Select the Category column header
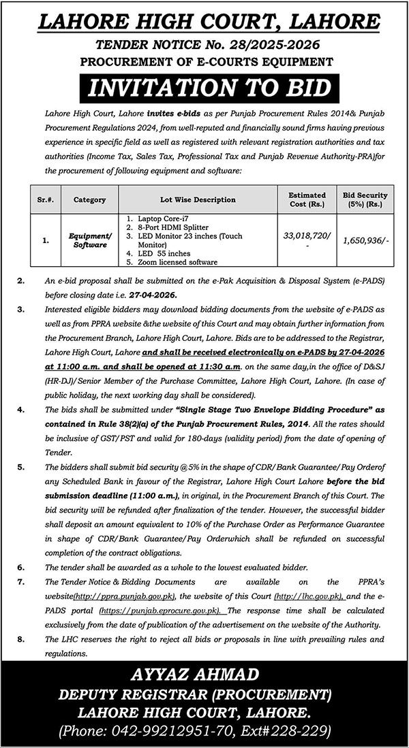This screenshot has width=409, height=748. click(x=88, y=200)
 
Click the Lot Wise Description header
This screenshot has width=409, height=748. click(x=198, y=200)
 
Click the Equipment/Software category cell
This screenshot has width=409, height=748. click(x=88, y=240)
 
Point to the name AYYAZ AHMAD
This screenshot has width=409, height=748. click(x=204, y=677)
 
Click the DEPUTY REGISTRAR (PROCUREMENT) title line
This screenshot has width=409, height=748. click(x=204, y=694)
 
